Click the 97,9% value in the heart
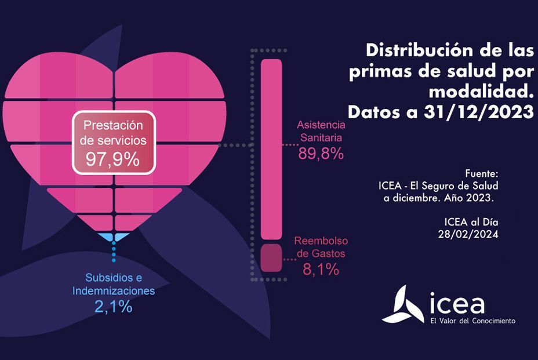(x=113, y=158)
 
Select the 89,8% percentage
(x=321, y=154)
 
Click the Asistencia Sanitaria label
(x=321, y=132)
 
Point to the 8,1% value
(x=321, y=269)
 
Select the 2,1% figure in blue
(x=113, y=307)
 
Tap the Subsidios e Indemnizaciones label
(x=114, y=285)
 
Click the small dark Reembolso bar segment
(x=271, y=258)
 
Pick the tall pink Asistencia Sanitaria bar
(x=271, y=148)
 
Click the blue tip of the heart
(x=114, y=237)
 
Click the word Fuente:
(x=482, y=173)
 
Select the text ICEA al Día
(x=471, y=221)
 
